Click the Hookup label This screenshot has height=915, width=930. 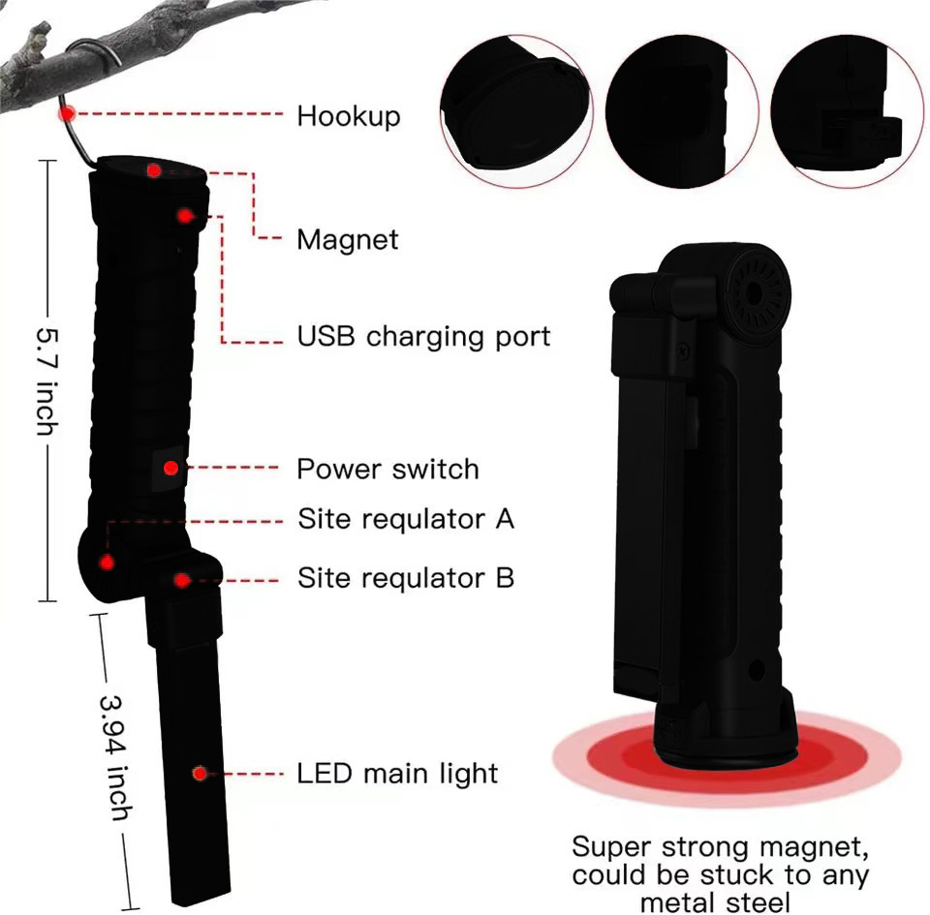(x=349, y=116)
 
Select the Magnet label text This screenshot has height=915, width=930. (x=348, y=240)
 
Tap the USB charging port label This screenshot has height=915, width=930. (x=423, y=337)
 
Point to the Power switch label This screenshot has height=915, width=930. (x=387, y=469)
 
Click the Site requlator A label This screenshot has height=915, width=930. (x=406, y=519)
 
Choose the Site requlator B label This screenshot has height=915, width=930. (x=406, y=578)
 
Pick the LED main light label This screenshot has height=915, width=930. (x=397, y=774)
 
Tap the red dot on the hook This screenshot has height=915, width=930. (x=68, y=112)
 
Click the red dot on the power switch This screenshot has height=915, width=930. (x=170, y=469)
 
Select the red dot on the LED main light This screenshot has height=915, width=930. (x=200, y=773)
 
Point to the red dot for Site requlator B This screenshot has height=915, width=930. (x=182, y=580)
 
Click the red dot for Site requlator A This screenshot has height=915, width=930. (x=107, y=562)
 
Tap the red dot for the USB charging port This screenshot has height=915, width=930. (x=185, y=215)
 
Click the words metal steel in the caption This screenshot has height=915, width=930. (x=715, y=903)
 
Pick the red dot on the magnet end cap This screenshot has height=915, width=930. (x=154, y=170)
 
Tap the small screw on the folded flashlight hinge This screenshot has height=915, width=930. (x=684, y=352)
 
